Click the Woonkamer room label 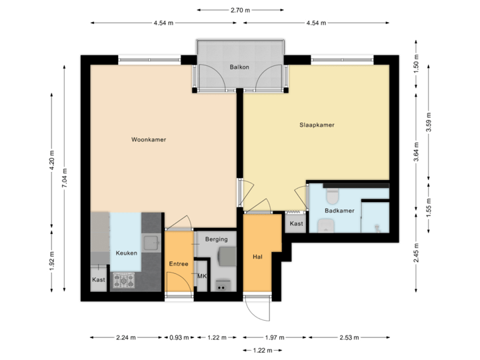tap(149, 140)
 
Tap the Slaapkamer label tap(317, 125)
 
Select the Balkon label tap(239, 67)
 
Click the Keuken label tap(127, 253)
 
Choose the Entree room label tap(178, 264)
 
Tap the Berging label tap(216, 239)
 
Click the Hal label tap(257, 257)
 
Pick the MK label tap(202, 275)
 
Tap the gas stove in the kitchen tap(123, 281)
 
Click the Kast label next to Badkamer tap(297, 224)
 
